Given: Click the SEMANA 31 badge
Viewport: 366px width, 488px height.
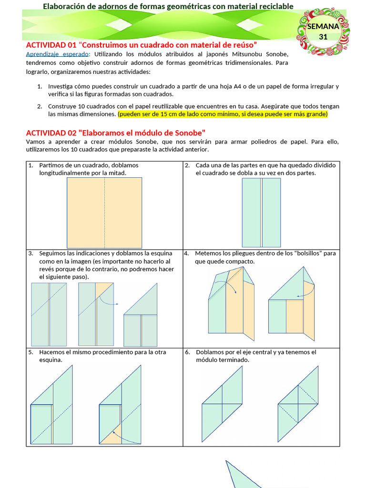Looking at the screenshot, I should pyautogui.click(x=323, y=32).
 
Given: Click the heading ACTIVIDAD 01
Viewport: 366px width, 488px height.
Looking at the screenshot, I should pyautogui.click(x=142, y=45).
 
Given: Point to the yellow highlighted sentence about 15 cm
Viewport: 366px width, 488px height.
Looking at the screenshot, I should pyautogui.click(x=223, y=114).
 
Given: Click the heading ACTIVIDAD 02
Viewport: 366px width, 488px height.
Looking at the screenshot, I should pyautogui.click(x=115, y=132).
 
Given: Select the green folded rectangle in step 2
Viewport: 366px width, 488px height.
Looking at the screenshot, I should pyautogui.click(x=261, y=213).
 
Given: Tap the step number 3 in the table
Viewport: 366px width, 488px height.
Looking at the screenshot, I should pyautogui.click(x=30, y=254).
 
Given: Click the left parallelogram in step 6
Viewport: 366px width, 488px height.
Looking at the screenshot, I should pyautogui.click(x=222, y=404).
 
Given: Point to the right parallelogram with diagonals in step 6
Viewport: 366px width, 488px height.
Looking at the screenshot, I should pyautogui.click(x=298, y=404).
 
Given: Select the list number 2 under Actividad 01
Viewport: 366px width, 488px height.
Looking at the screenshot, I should pyautogui.click(x=40, y=106).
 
